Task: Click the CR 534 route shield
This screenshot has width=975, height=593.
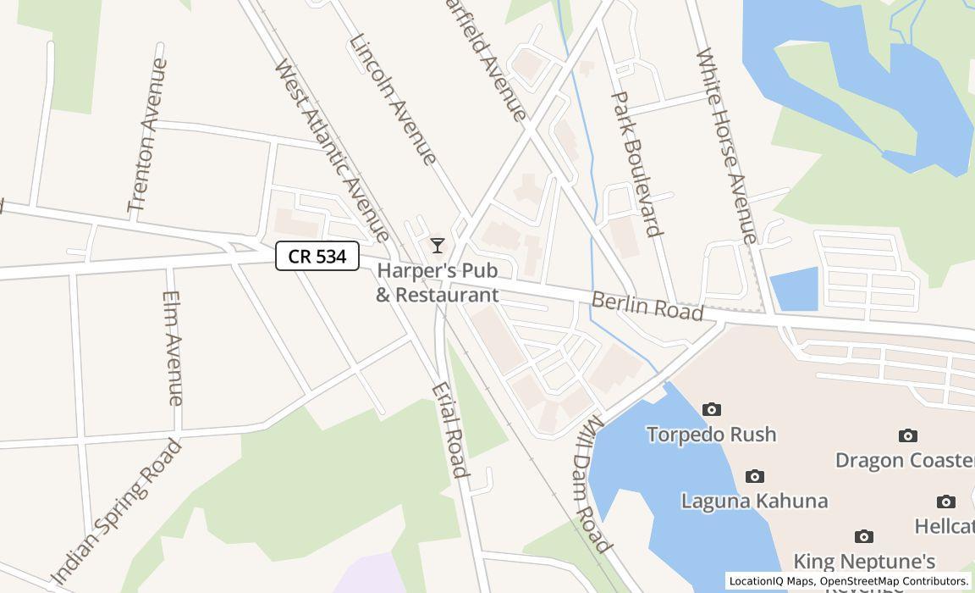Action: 317,256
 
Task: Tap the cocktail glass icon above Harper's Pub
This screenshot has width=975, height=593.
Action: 438,246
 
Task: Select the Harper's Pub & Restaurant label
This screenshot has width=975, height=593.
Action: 438,283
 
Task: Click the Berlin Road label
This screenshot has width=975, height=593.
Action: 647,306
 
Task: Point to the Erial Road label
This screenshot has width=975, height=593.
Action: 449,430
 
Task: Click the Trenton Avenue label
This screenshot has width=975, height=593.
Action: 147,136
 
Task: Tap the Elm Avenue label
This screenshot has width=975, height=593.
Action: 173,348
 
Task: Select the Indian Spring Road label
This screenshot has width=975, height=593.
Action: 117,513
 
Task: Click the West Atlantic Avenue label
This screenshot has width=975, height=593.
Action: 332,150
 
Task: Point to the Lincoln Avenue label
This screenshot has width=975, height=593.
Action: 393,99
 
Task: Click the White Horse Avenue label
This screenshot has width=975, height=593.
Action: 726,146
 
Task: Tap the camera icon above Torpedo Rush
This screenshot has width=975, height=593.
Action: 712,410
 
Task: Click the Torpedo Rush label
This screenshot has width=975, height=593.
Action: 711,435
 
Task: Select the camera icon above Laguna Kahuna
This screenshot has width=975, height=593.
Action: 754,477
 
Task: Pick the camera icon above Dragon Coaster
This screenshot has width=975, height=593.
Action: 907,436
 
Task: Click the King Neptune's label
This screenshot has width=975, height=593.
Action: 864,561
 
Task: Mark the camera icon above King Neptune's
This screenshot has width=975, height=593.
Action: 863,537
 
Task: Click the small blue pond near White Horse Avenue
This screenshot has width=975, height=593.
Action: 795,290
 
